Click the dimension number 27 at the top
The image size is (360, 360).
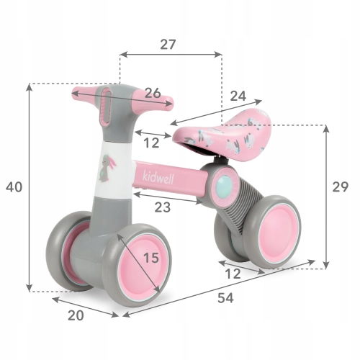click(x=168, y=45)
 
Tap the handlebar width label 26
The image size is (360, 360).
click(x=153, y=93)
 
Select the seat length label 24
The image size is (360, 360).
click(x=238, y=96)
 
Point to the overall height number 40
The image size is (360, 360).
click(x=14, y=187)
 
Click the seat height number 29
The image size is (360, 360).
click(x=340, y=187)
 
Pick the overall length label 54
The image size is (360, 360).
click(x=225, y=298)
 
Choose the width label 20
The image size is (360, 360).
click(x=76, y=315)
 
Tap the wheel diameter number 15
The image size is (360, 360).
click(x=151, y=258)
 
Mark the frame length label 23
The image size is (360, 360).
click(x=163, y=207)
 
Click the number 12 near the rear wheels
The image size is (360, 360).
click(x=233, y=274)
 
